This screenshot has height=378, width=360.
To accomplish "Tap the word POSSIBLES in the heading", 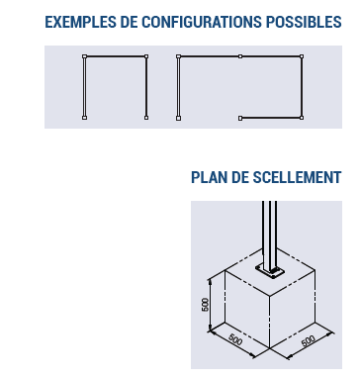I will coord(305,22).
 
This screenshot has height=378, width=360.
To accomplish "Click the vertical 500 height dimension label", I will coord(205,304).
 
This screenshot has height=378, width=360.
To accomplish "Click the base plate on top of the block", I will coord(269,270).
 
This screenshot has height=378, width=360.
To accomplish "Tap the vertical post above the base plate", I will coord(268,228).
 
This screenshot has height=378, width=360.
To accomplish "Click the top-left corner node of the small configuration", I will coord(84,58).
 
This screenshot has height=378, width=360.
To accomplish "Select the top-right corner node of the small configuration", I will coord(146,58).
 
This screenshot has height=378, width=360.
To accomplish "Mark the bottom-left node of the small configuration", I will coord(84,118).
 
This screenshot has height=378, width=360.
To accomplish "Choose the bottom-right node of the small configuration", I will coord(146,118).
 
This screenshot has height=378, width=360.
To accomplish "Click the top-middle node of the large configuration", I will coord(240,58).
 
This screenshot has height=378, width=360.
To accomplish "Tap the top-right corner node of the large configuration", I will coord(302,58).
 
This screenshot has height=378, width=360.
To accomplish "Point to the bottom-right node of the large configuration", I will coord(302,118).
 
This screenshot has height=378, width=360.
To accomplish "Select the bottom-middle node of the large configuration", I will coord(240,118).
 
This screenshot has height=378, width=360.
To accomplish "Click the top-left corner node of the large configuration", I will coord(178,58).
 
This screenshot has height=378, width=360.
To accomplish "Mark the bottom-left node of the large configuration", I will coord(178,118).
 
